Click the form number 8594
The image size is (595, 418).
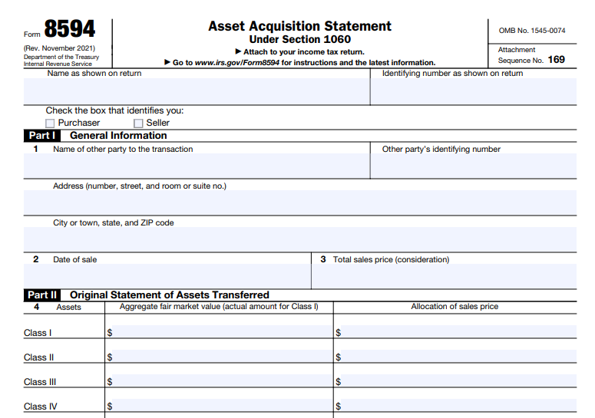pos(69,29)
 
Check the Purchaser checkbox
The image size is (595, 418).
pos(50,123)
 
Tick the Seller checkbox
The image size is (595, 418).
pos(138,123)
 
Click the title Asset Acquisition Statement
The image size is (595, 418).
pos(299,26)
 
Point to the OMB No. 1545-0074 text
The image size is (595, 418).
pos(531,31)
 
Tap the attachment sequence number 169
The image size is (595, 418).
pos(557,60)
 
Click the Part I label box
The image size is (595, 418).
pos(41,136)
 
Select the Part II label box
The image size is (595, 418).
pos(42,295)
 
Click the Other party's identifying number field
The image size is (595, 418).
pos(473,166)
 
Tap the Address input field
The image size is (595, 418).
pos(299,203)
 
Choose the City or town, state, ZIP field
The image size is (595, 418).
pos(299,239)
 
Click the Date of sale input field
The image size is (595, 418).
pos(167,276)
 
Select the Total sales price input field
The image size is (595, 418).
pos(445,276)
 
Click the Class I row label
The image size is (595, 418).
pos(38,333)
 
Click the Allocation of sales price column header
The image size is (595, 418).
pos(455,307)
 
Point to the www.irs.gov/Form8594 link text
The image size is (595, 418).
pos(237,63)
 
